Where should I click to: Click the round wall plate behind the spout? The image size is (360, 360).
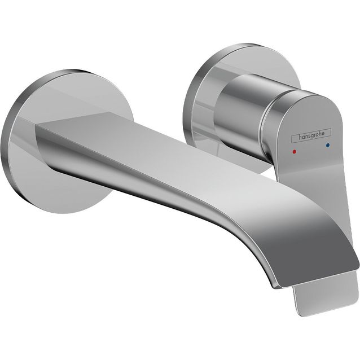click(34, 169)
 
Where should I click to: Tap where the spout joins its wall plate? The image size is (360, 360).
click(42, 135)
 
